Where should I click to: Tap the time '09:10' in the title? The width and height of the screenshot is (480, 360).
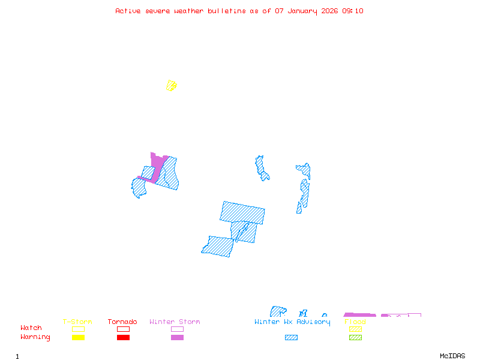click(353, 11)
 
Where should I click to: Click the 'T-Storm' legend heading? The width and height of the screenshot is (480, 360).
click(77, 322)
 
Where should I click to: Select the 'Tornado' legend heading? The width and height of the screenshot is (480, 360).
click(122, 322)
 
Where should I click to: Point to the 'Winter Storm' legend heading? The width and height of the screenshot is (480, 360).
click(175, 322)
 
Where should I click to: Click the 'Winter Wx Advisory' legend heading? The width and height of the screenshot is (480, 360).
click(292, 322)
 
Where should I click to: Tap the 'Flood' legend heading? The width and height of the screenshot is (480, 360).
click(355, 322)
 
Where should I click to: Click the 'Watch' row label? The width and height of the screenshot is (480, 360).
click(31, 328)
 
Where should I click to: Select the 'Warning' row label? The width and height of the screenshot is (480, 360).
click(35, 337)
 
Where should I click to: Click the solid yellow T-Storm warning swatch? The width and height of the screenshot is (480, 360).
click(78, 338)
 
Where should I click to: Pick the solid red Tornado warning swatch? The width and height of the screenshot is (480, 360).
click(123, 338)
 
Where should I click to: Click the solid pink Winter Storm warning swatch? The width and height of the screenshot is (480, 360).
click(177, 338)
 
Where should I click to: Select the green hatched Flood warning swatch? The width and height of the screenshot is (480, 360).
click(355, 338)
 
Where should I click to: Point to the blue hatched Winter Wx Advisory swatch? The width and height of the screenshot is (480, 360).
click(291, 338)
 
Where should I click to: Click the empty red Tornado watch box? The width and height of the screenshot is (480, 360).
click(123, 329)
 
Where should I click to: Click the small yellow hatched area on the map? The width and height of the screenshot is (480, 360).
click(172, 85)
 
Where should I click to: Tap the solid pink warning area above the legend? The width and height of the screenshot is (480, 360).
click(359, 314)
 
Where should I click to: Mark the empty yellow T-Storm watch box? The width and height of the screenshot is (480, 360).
click(78, 329)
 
